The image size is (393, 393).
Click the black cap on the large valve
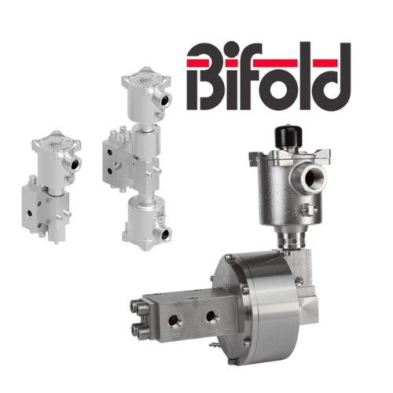point(288,136)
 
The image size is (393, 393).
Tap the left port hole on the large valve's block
point(173,321)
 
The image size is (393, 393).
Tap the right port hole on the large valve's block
point(212,317)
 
